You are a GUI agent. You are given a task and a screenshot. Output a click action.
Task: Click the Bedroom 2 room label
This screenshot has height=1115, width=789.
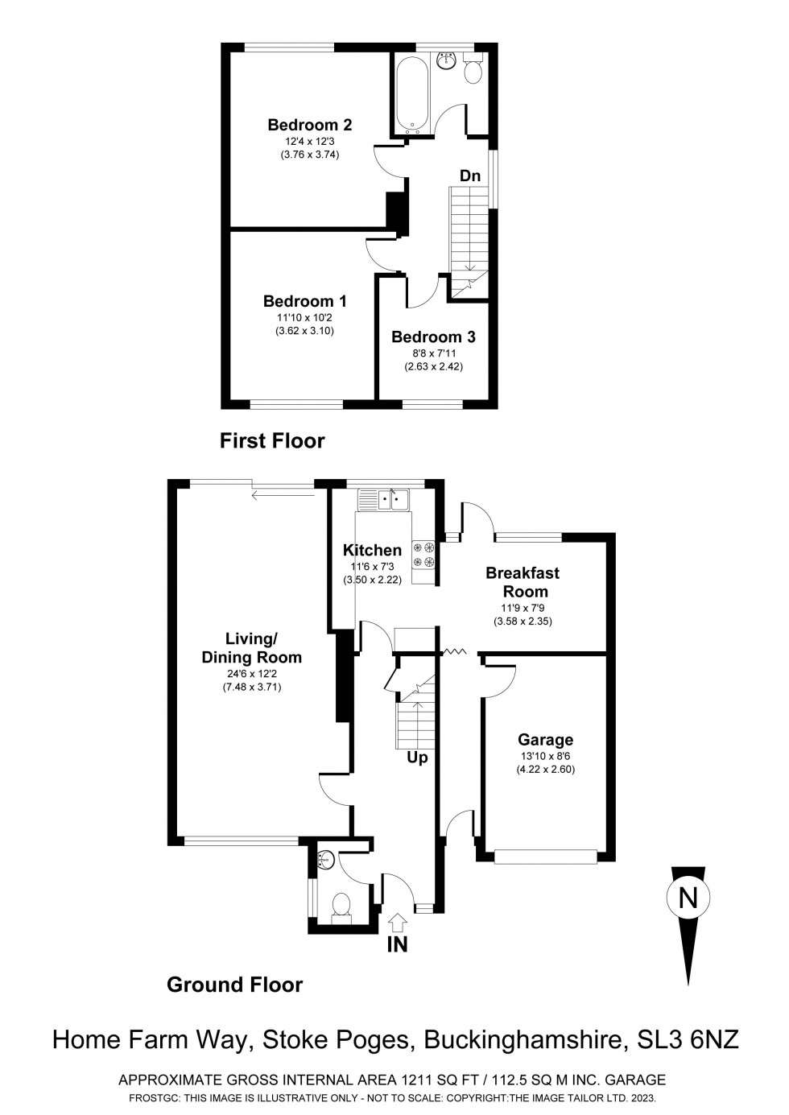tap(309, 125)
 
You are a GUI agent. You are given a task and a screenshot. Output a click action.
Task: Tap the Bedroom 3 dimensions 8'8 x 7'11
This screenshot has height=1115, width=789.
tap(433, 353)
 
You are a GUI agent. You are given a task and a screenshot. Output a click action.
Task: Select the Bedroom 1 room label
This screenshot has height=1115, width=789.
tap(304, 301)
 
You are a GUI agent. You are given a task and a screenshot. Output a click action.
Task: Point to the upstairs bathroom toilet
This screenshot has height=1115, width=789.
tap(473, 70)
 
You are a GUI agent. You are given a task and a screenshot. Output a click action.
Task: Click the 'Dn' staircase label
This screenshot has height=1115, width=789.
tap(470, 176)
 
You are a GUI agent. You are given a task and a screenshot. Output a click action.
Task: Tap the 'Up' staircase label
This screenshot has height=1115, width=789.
tap(417, 758)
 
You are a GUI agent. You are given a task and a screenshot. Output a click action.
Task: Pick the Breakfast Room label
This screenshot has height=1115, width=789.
tap(523, 582)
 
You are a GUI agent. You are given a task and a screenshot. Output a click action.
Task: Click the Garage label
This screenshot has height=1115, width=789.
tap(545, 740)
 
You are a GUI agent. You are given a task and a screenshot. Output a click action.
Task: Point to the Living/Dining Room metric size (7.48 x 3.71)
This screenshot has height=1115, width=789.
tap(251, 688)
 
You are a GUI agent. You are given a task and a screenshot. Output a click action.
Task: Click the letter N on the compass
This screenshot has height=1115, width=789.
tap(688, 898)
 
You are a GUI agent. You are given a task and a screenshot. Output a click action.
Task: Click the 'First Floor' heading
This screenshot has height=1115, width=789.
tap(272, 440)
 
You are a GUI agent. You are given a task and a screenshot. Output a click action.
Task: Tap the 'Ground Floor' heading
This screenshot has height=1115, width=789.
tap(234, 985)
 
